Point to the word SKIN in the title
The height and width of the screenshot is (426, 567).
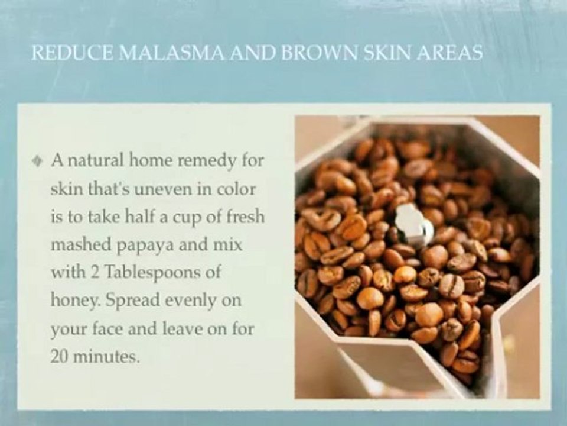[390, 53]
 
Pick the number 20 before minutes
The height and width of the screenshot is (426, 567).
[60, 357]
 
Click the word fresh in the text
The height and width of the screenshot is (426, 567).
[243, 217]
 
